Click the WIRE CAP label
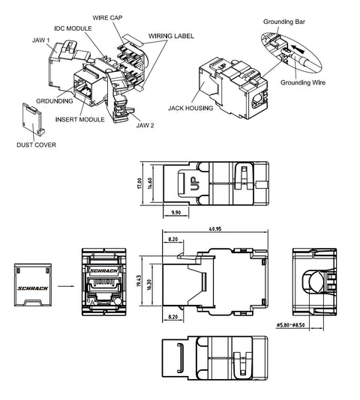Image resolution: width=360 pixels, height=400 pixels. [107, 18]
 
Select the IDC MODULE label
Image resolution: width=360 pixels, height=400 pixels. [73, 28]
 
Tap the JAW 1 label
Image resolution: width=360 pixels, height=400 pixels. [41, 40]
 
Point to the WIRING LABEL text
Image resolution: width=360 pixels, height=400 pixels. [171, 36]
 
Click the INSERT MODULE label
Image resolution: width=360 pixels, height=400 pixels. [80, 119]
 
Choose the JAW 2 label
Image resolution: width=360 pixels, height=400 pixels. [145, 125]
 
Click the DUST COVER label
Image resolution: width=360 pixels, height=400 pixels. [36, 145]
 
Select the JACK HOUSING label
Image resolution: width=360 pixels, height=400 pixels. [190, 108]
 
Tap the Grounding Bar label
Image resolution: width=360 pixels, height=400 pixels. [284, 22]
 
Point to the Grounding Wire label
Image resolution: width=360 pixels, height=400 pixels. [303, 82]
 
